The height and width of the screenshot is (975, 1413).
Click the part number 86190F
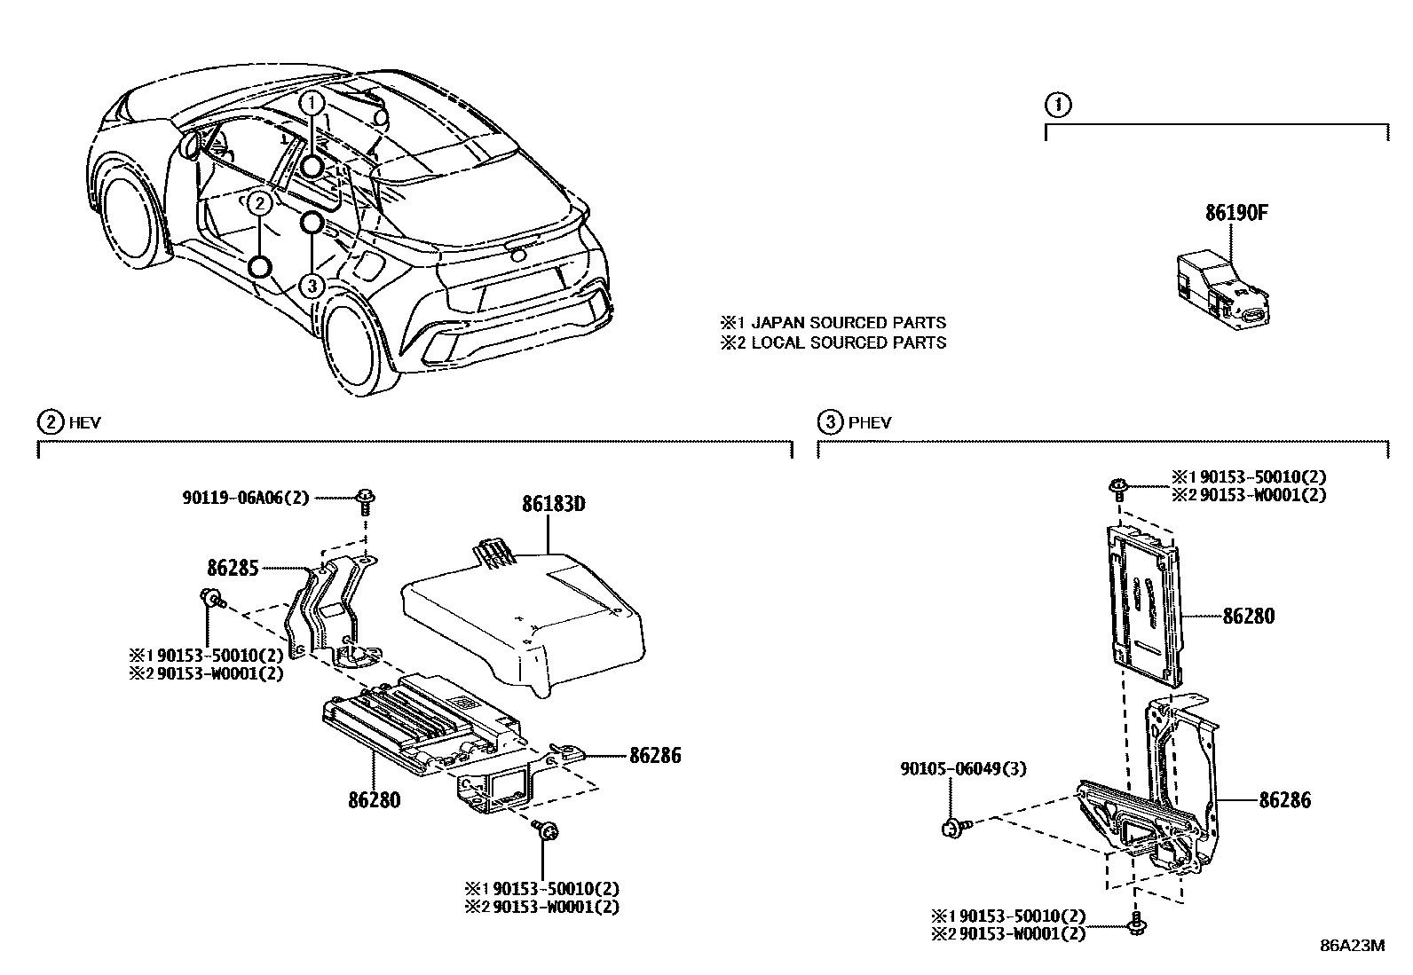pos(1236,214)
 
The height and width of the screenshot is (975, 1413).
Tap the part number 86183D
pos(553,504)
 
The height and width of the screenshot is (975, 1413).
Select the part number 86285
pos(233,567)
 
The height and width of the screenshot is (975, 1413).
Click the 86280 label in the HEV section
pos(374,799)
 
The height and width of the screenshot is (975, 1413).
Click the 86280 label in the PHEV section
pos(1248,616)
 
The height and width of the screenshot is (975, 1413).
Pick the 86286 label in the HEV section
pos(655,756)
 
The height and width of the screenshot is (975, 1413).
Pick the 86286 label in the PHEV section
pos(1284,800)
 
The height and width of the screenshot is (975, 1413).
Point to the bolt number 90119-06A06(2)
pos(246,499)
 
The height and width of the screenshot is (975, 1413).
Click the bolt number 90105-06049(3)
pos(961,768)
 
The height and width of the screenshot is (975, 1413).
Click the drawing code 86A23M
pos(1352,945)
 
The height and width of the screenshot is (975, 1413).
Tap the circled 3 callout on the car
pos(312,285)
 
